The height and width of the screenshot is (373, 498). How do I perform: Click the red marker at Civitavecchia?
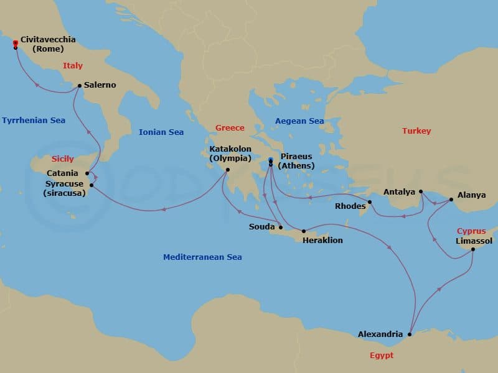(15, 43)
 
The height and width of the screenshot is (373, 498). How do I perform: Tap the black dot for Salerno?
(79, 86)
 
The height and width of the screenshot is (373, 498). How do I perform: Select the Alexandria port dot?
(409, 334)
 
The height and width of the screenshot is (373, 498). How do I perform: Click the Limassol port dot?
(473, 249)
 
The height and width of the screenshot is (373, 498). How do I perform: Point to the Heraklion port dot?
(304, 231)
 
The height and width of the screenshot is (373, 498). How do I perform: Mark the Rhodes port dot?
(370, 201)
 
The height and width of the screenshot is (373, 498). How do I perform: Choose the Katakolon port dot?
(228, 170)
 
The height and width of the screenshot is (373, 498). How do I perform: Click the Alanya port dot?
(451, 200)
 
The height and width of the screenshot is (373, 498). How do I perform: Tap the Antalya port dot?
(421, 191)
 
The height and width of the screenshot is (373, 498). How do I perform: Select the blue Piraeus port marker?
(270, 160)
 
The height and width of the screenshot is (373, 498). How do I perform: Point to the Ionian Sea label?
(161, 132)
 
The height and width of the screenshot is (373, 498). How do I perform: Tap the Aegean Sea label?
(299, 121)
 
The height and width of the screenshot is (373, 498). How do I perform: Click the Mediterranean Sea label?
(202, 257)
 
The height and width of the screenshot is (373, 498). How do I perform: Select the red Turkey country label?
(416, 131)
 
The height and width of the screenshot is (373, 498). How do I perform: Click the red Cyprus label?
(471, 231)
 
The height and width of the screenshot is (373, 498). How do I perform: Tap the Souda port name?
(261, 227)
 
